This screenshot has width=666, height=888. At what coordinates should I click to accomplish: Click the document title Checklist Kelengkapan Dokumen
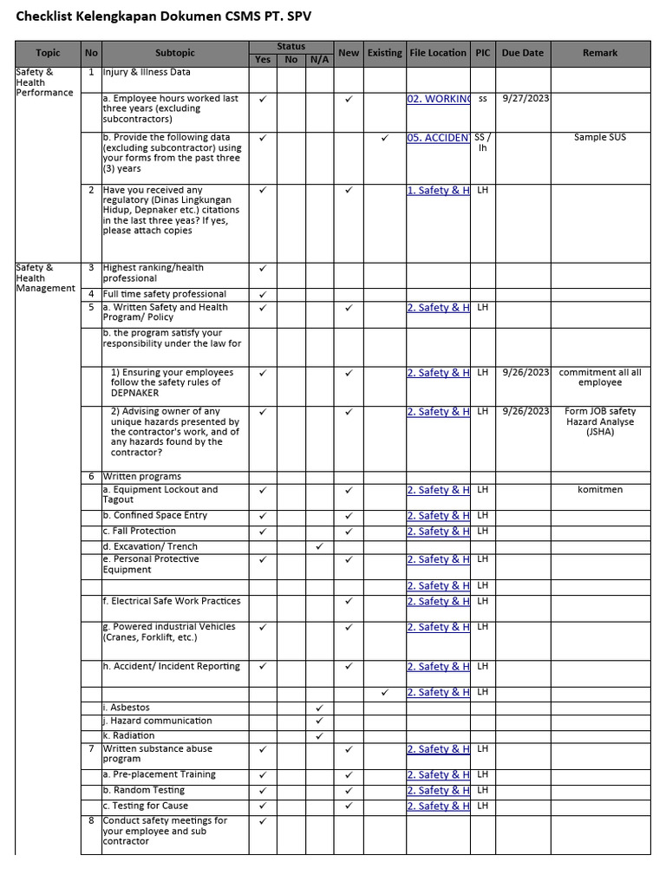(163, 16)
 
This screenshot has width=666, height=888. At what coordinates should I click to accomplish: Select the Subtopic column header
(175, 53)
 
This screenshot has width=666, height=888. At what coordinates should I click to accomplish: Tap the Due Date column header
(522, 53)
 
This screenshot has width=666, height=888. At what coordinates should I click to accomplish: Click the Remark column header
(600, 53)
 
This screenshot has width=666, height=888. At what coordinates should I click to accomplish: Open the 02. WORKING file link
(438, 99)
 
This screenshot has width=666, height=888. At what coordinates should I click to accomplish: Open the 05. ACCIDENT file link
(438, 138)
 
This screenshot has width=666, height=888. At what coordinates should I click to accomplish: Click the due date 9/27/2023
(526, 99)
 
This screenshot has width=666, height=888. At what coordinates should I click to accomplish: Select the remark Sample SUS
(600, 138)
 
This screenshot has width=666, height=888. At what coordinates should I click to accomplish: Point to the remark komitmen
(600, 490)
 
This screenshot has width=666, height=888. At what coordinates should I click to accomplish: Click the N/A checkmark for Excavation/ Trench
(319, 546)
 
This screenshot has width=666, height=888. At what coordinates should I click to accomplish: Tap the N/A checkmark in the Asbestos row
(319, 708)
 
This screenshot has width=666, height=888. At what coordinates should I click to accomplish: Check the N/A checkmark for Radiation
(319, 735)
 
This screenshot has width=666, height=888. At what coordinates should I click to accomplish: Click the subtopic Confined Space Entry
(156, 515)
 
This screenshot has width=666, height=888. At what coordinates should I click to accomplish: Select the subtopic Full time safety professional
(164, 294)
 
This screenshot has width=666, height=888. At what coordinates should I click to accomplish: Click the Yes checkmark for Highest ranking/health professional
(263, 269)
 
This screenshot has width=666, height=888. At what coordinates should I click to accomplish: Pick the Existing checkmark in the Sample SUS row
(384, 138)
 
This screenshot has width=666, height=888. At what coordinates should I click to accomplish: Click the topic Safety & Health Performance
(44, 82)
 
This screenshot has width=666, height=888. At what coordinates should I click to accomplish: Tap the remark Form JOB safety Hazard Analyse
(600, 421)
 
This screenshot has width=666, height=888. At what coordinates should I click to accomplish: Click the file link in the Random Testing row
(438, 791)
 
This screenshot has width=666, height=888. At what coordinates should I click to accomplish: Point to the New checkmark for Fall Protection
(349, 532)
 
